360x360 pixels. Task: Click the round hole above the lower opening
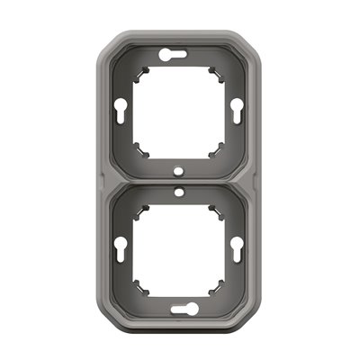pos(179,191)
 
